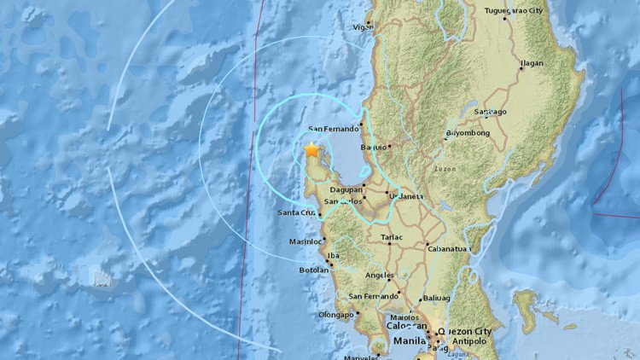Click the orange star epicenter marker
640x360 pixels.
coord(311,149)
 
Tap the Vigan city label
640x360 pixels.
coord(363,27)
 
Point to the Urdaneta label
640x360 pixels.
coord(406,195)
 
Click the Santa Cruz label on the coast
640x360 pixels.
coord(297,212)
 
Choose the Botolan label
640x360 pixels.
coord(314,270)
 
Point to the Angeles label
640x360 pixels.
coord(378,276)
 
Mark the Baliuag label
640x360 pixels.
coord(435,299)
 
